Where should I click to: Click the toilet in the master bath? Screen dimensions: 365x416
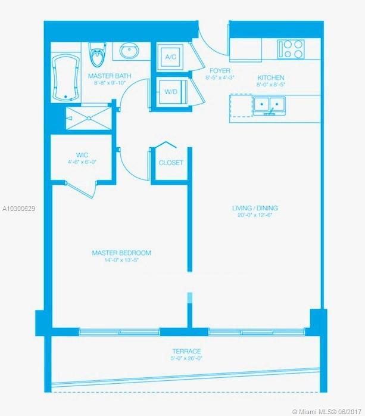tap(98, 54)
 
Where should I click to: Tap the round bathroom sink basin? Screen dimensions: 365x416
tap(130, 51)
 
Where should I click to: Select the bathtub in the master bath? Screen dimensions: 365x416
tap(65, 77)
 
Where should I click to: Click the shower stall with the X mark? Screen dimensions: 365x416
tap(89, 118)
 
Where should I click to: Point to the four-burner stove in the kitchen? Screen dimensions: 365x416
tap(291, 49)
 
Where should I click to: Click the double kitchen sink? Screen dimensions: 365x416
tap(269, 105)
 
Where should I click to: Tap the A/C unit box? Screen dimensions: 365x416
tap(171, 57)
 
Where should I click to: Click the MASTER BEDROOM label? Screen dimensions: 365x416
tap(121, 253)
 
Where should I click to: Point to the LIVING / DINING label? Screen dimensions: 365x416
tap(255, 208)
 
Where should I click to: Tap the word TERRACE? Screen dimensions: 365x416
tap(186, 351)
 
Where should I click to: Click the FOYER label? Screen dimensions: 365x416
tap(220, 71)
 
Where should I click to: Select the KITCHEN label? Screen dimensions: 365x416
tap(271, 77)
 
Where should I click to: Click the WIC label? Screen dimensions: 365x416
tap(82, 155)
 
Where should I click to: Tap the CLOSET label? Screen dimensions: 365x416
tap(171, 163)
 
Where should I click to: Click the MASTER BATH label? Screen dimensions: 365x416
tap(110, 76)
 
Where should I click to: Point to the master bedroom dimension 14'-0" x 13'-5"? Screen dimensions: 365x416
tap(121, 260)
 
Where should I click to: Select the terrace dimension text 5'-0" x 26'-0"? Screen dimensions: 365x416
tap(186, 358)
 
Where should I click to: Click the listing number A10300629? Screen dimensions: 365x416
tap(18, 209)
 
